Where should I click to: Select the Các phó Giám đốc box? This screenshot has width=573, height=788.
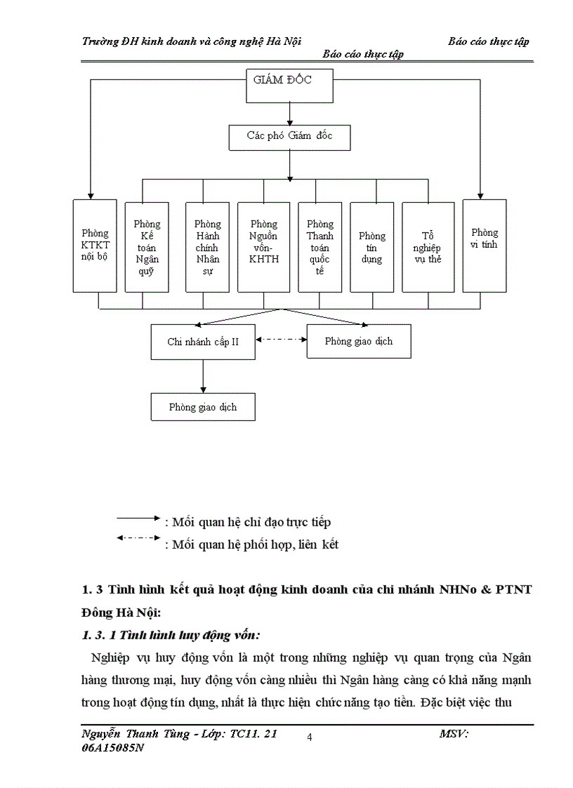pyautogui.click(x=289, y=137)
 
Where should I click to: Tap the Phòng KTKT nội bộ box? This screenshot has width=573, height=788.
pyautogui.click(x=95, y=246)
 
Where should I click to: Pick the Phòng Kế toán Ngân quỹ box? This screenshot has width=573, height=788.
pyautogui.click(x=147, y=246)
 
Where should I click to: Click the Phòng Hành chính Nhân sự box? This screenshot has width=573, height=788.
pyautogui.click(x=207, y=246)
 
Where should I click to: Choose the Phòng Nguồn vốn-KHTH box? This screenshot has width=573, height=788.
pyautogui.click(x=264, y=246)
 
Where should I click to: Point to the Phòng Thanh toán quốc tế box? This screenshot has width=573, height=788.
pyautogui.click(x=320, y=246)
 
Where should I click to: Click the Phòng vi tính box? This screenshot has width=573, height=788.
pyautogui.click(x=485, y=246)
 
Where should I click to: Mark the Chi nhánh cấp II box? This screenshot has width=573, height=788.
pyautogui.click(x=203, y=342)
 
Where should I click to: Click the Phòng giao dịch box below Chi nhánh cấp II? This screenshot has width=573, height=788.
pyautogui.click(x=203, y=407)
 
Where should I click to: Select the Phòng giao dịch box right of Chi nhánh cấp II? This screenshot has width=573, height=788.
pyautogui.click(x=359, y=342)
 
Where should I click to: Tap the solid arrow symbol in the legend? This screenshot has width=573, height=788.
pyautogui.click(x=139, y=519)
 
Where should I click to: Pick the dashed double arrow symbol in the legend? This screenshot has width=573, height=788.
pyautogui.click(x=139, y=538)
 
